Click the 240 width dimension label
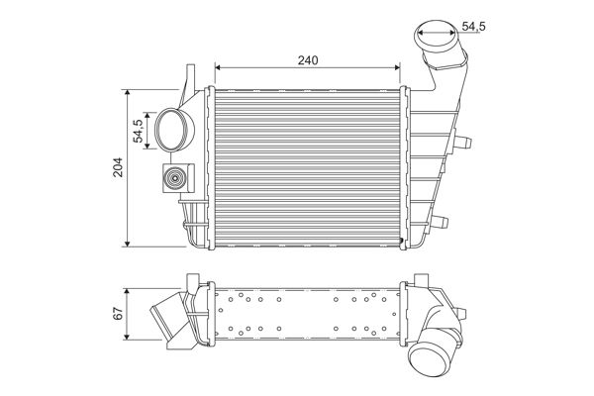(x=307, y=60)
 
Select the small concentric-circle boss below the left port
(x=174, y=180)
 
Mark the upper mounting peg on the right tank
(x=460, y=141)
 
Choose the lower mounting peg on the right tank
(x=442, y=219)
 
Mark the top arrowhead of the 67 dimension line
(x=130, y=290)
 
